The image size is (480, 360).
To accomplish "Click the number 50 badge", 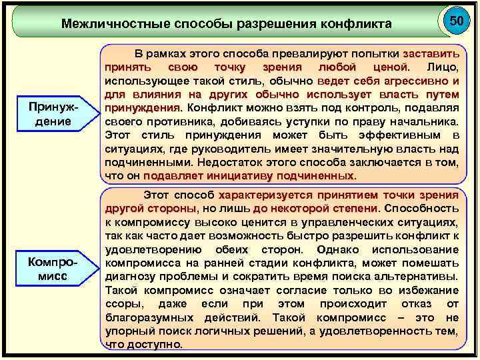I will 456,21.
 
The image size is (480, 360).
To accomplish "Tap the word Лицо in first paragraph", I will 442,67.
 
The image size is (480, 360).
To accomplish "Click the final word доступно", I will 156,344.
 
